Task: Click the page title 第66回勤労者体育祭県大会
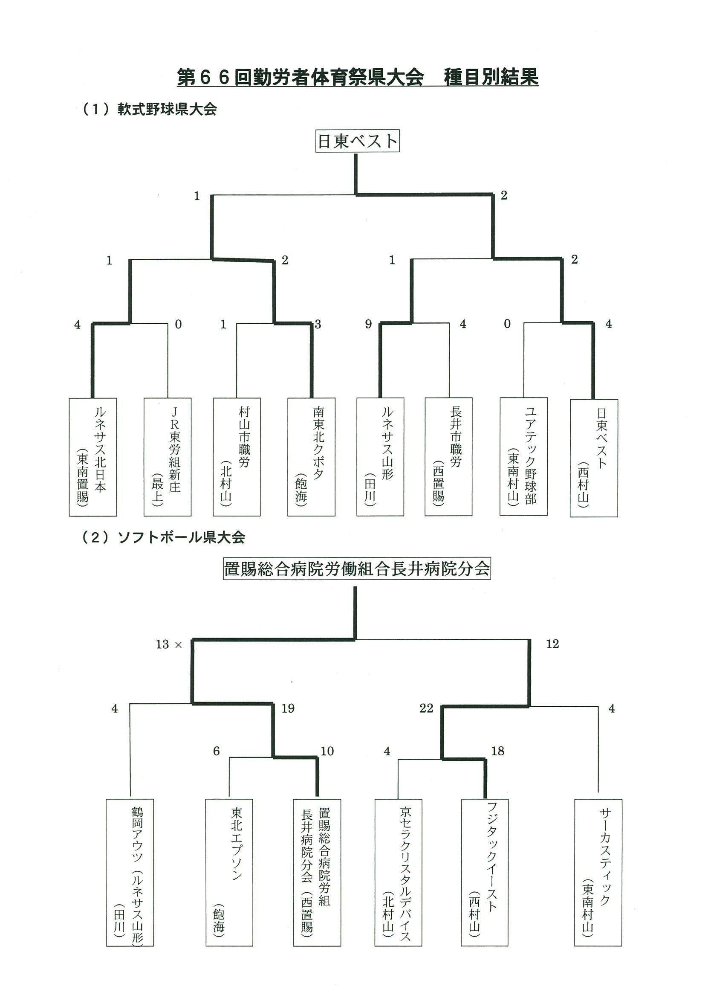[x=300, y=77]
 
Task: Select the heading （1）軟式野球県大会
[x=150, y=109]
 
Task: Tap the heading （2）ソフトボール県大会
[x=163, y=538]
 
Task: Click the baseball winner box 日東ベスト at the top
[x=357, y=141]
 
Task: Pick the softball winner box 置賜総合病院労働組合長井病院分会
[x=357, y=569]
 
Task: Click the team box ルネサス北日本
[x=92, y=456]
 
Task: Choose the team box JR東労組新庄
[x=167, y=456]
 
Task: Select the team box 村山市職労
[x=237, y=456]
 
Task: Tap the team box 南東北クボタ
[x=311, y=456]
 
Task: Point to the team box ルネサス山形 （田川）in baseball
[x=380, y=456]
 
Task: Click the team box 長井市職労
[x=448, y=456]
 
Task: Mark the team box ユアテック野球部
[x=523, y=456]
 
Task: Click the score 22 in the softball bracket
[x=426, y=708]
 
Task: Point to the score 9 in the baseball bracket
[x=368, y=324]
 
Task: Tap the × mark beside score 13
[x=178, y=645]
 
